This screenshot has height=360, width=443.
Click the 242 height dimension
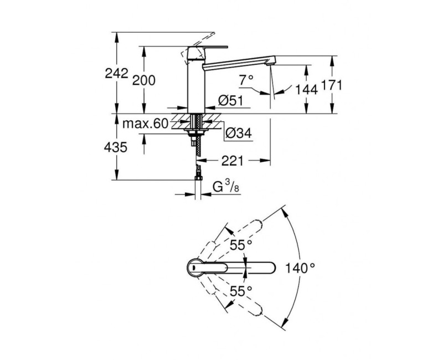click(116, 74)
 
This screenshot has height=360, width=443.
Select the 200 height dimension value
click(144, 80)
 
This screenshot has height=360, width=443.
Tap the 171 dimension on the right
click(332, 85)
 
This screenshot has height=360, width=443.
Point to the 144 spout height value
click(306, 90)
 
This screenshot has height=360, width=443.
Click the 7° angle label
click(246, 81)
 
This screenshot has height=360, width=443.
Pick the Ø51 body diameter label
click(230, 100)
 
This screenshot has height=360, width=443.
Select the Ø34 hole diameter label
click(239, 133)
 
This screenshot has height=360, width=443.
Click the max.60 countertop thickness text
click(146, 124)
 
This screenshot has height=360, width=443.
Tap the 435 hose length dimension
click(116, 147)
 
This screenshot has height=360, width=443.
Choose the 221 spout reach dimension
click(232, 161)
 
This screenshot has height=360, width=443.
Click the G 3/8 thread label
click(226, 187)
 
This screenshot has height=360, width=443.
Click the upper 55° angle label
click(241, 245)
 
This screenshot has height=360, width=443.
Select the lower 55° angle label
click(241, 291)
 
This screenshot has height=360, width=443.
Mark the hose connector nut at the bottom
click(198, 178)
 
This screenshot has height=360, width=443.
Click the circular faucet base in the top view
click(195, 267)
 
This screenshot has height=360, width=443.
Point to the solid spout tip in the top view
click(272, 268)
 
